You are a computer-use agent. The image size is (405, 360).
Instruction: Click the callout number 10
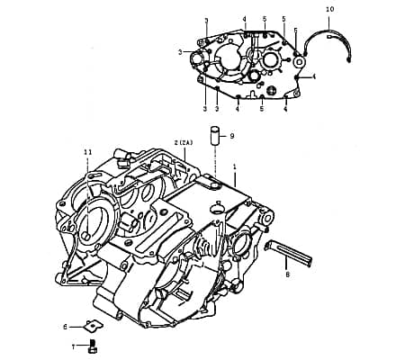point(328,9)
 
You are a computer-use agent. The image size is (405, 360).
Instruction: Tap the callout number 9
point(231,136)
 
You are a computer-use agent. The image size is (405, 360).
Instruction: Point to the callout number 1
point(235,167)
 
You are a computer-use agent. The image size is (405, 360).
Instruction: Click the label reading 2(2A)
point(184,142)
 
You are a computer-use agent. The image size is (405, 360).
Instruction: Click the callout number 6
point(65,326)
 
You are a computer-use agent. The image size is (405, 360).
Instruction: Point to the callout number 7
point(76,345)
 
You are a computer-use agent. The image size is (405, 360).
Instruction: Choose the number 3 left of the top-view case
point(180,52)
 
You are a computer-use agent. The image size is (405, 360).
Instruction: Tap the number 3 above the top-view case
point(206,20)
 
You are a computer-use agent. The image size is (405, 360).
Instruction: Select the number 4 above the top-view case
point(244,19)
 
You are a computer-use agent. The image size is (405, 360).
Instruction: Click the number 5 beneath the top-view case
point(261,110)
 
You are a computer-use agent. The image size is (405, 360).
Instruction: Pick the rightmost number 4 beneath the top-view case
point(285,110)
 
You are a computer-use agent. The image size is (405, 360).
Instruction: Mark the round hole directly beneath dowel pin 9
point(214,184)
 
